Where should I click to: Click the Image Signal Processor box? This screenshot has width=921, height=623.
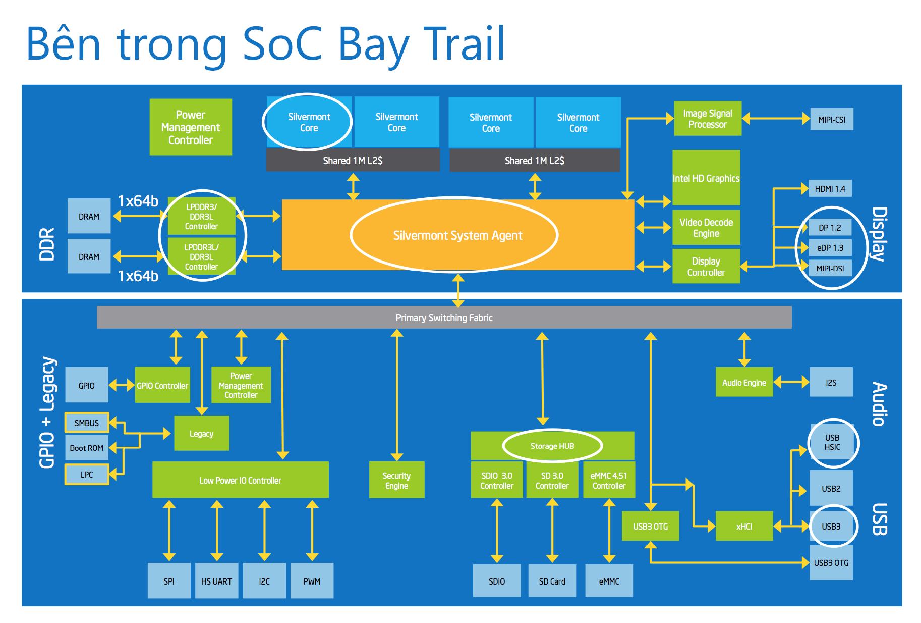(708, 119)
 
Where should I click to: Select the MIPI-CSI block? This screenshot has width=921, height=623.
(832, 120)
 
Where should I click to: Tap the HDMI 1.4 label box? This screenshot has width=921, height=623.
(830, 189)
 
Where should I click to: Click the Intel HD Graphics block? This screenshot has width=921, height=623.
(706, 178)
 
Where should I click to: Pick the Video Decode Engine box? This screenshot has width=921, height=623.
(706, 228)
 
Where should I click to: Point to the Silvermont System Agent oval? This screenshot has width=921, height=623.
(454, 235)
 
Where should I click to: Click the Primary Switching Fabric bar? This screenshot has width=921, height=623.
(444, 318)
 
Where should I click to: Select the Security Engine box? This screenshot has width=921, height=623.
(396, 480)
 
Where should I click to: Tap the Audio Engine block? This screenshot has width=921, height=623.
(744, 382)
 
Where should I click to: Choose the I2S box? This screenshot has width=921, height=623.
(831, 382)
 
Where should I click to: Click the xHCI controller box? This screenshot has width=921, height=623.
(744, 526)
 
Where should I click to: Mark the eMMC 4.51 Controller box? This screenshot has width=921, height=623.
(609, 480)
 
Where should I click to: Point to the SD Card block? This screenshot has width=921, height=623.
(552, 581)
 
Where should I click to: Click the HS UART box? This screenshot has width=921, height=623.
(216, 581)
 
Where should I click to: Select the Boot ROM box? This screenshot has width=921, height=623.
(86, 448)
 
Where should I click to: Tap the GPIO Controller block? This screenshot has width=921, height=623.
(162, 385)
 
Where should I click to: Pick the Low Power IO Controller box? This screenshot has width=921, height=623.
(241, 480)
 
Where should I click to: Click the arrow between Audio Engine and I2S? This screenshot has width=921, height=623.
(791, 382)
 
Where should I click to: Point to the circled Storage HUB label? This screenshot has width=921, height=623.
(552, 446)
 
